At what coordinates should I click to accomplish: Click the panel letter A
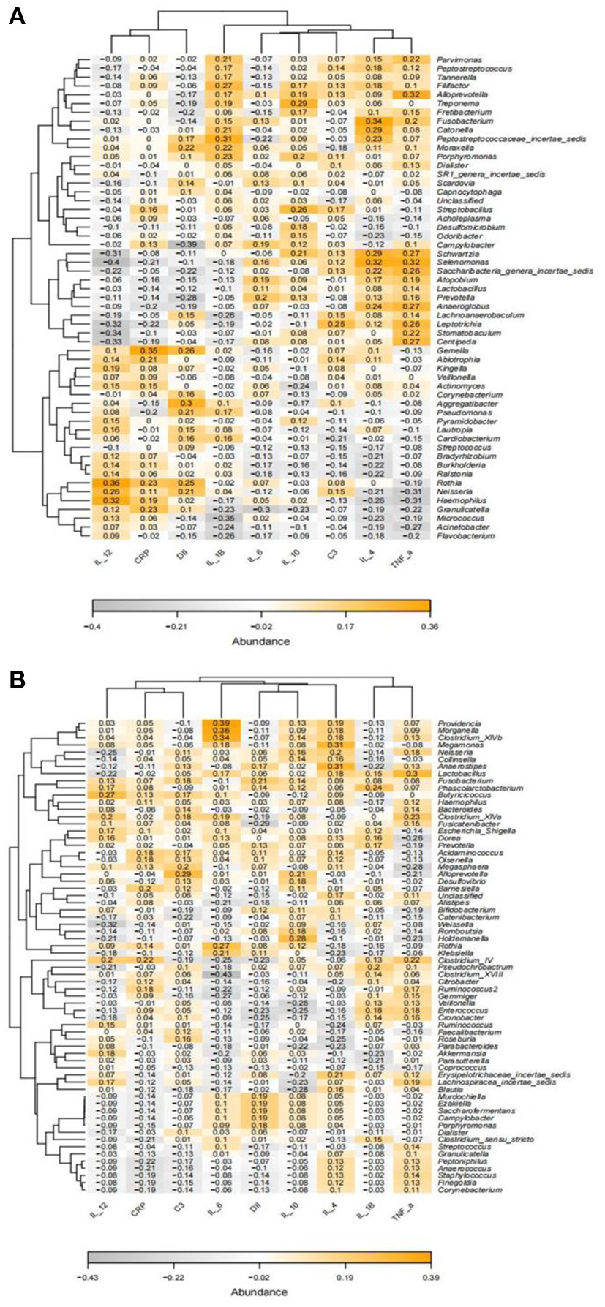click(16, 16)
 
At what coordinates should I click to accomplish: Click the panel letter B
click(16, 680)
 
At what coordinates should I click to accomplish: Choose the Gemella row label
click(452, 350)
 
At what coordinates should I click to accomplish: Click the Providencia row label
click(458, 723)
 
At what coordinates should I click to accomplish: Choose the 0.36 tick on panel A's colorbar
click(429, 626)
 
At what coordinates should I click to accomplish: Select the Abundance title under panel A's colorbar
click(260, 641)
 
